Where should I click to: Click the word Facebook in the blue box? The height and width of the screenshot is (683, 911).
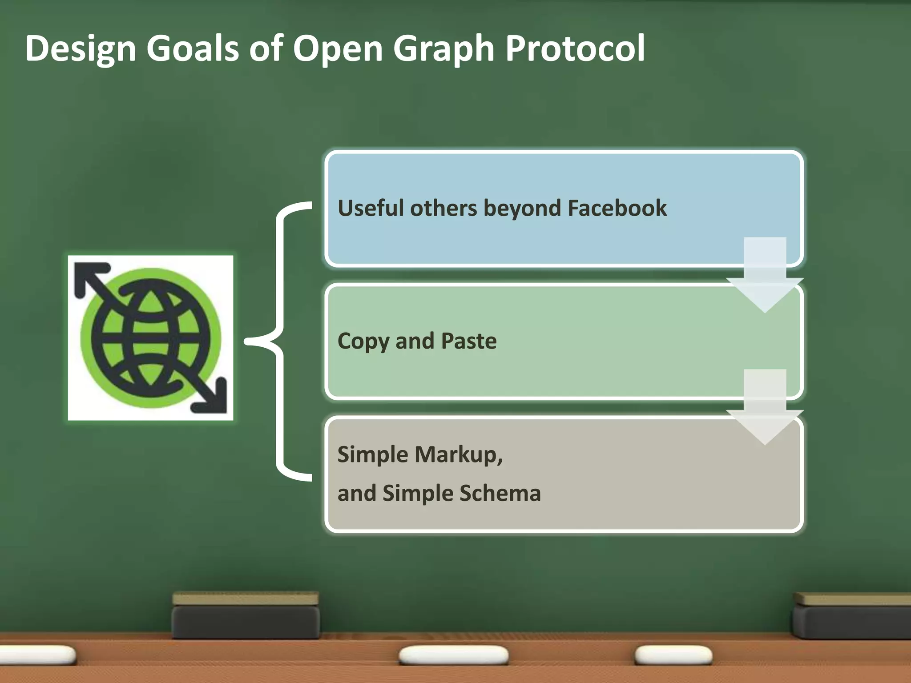pos(617,208)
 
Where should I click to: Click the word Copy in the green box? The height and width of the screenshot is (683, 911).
pos(363,341)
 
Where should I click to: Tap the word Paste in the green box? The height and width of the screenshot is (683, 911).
pos(469,341)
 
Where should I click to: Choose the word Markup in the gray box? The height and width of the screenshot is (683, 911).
pos(458,454)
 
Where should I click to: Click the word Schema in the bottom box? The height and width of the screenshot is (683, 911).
pos(500,493)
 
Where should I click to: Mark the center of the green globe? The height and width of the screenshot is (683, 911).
pos(150,338)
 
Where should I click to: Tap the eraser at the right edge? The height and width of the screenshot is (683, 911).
pos(852,616)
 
